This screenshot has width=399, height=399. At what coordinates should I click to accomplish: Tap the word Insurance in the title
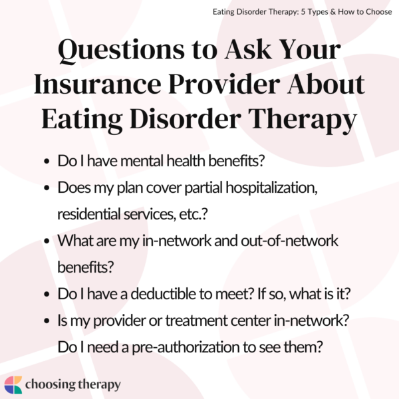pyautogui.click(x=112, y=84)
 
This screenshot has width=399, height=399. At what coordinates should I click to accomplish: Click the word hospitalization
pyautogui.click(x=277, y=189)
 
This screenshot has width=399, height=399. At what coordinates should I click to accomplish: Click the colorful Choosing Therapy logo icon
pyautogui.click(x=13, y=384)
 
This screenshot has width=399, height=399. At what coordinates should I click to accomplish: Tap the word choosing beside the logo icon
pyautogui.click(x=49, y=384)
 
